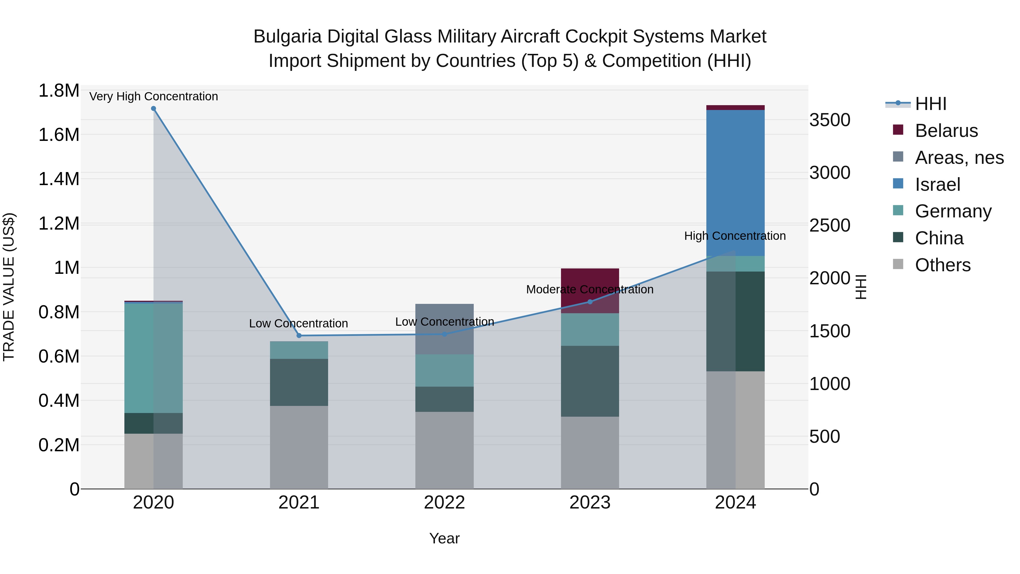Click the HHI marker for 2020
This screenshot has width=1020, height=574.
point(154,109)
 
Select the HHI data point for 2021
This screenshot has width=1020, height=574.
point(299,336)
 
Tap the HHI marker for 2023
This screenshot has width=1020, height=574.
point(590,302)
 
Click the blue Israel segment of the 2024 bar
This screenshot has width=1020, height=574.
point(735,182)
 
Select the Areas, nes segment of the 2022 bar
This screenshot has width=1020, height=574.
point(444,329)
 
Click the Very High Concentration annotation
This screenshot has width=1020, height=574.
point(154,97)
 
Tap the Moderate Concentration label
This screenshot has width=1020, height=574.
point(590,290)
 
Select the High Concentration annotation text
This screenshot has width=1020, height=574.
point(735,236)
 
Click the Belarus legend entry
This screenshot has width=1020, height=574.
point(946,131)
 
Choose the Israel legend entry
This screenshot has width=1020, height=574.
point(937,185)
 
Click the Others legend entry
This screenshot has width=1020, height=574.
point(942,265)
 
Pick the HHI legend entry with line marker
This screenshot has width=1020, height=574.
point(930,104)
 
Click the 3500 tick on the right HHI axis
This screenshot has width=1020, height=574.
point(830,120)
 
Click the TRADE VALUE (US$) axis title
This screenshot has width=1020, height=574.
point(9,287)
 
